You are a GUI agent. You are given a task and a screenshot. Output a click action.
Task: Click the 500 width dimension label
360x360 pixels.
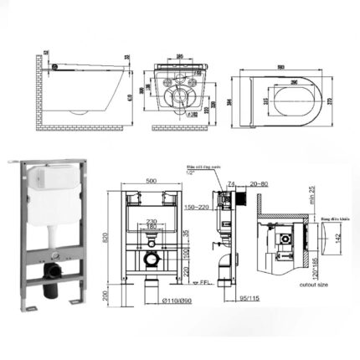pyautogui.click(x=151, y=179)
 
